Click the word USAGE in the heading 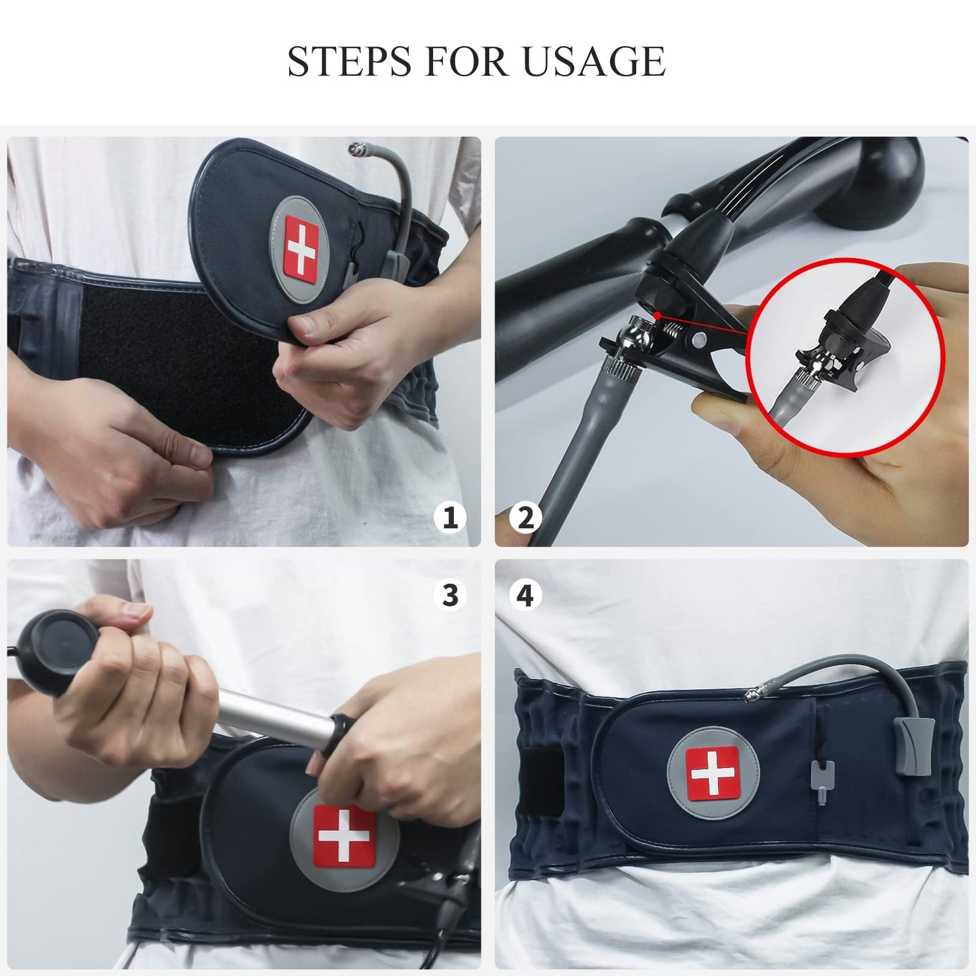pyautogui.click(x=594, y=62)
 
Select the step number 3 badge pyautogui.click(x=450, y=595)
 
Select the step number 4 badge pyautogui.click(x=525, y=595)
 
